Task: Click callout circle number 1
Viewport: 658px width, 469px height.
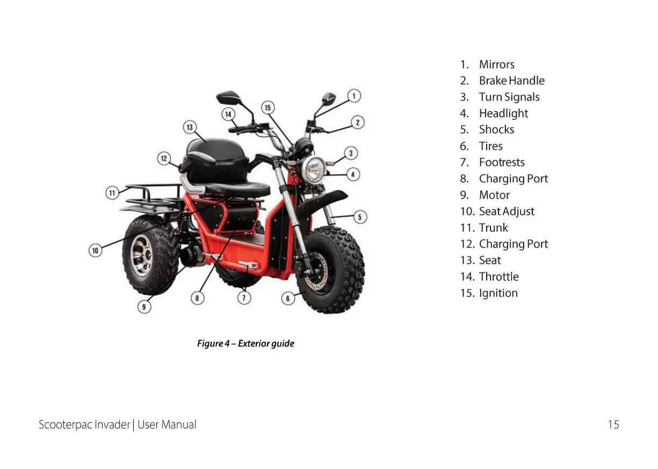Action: click(353, 96)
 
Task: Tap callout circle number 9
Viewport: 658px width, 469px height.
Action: click(144, 307)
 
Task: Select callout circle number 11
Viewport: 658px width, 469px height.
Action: click(112, 193)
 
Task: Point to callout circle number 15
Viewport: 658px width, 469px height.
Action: click(268, 107)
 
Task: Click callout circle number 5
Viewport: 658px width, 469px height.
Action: click(360, 217)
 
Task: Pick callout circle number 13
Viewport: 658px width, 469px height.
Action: click(190, 127)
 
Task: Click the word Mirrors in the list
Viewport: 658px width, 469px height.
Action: click(496, 64)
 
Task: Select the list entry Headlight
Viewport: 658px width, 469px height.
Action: click(503, 113)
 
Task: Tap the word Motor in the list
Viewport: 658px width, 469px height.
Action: click(494, 195)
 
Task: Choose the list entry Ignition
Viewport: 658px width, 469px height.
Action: click(498, 293)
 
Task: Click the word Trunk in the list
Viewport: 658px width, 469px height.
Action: click(493, 228)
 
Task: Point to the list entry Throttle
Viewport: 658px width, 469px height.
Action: click(498, 277)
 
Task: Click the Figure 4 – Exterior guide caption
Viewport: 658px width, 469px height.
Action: click(245, 343)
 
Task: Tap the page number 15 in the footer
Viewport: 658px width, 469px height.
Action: click(613, 424)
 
